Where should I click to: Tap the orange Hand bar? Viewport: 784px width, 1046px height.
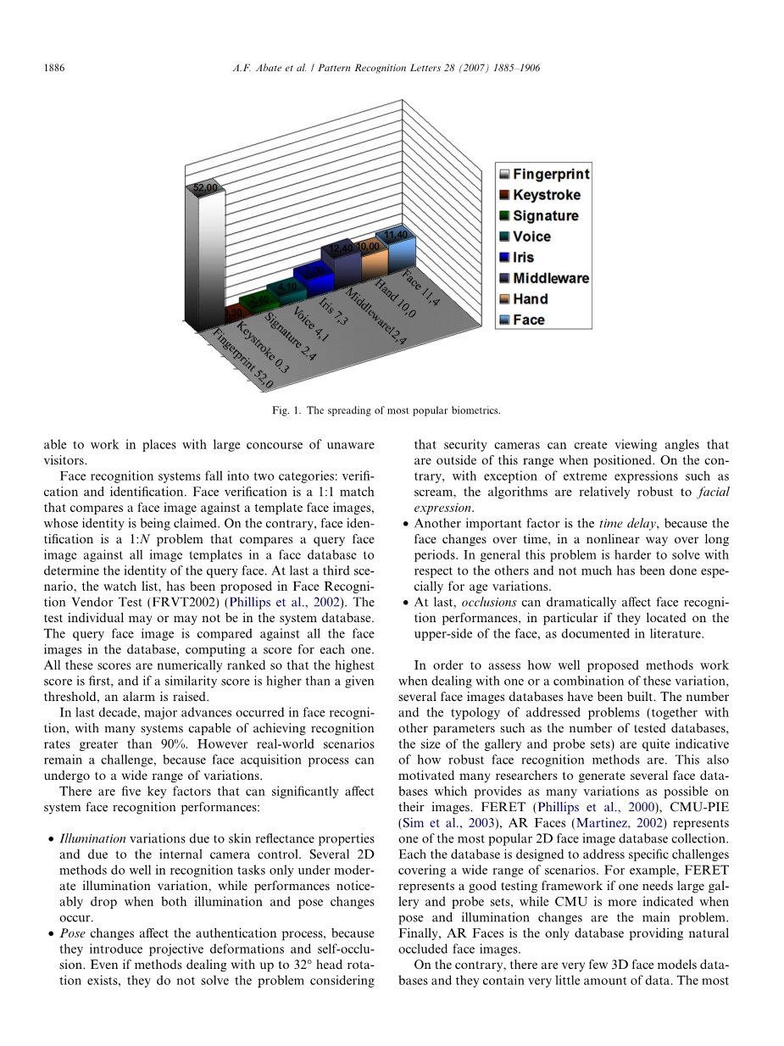pyautogui.click(x=372, y=265)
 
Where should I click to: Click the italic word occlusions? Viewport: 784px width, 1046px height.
pyautogui.click(x=489, y=603)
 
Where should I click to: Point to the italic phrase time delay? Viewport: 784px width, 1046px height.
pyautogui.click(x=622, y=524)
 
